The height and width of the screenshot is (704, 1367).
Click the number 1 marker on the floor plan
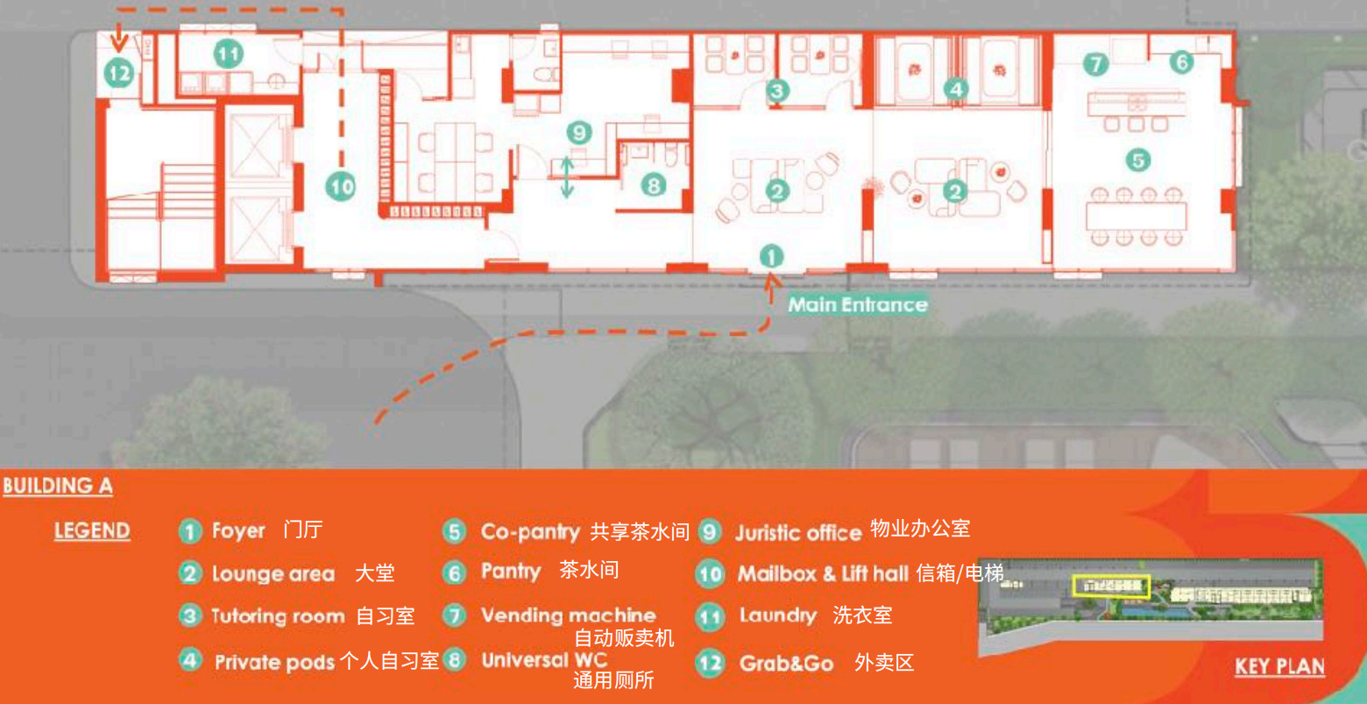click(x=770, y=256)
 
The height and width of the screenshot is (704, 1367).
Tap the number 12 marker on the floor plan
click(x=119, y=73)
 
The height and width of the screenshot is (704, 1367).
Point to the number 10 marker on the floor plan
click(x=341, y=186)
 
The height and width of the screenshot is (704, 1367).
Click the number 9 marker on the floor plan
click(x=578, y=133)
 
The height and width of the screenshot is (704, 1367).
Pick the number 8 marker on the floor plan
click(x=654, y=185)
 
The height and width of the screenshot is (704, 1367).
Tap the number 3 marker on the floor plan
click(x=777, y=89)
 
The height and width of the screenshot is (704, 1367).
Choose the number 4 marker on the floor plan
click(x=956, y=89)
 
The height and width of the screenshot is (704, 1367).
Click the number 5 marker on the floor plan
click(x=1137, y=160)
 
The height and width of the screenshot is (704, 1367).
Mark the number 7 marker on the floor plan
click(x=1095, y=63)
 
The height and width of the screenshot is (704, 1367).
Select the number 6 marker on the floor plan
click(x=1181, y=62)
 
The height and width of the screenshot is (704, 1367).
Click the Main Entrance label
click(x=857, y=305)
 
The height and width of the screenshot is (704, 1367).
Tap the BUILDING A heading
click(x=58, y=486)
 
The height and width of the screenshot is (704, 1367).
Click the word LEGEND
click(x=92, y=531)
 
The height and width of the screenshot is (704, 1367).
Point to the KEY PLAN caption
click(x=1279, y=667)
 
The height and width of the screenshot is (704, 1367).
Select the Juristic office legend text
click(x=798, y=533)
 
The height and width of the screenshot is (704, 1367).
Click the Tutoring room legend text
click(x=278, y=616)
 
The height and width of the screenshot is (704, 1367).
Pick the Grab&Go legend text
click(x=786, y=664)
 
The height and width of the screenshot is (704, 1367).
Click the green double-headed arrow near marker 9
click(x=567, y=176)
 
